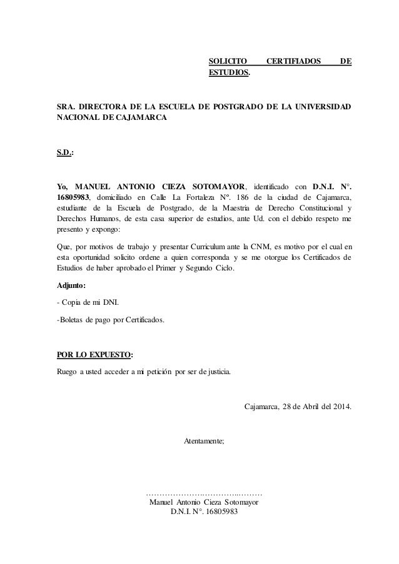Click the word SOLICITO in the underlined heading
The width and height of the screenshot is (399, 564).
(227, 61)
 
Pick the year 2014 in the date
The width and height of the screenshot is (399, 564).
(339, 408)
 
